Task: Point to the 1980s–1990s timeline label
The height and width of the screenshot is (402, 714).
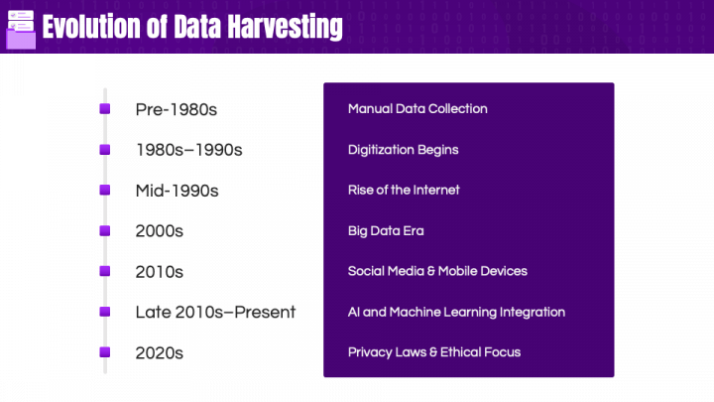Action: tap(188, 150)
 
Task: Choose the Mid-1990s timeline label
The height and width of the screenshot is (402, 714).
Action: tap(177, 191)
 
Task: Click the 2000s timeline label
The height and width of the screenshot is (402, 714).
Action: tap(160, 231)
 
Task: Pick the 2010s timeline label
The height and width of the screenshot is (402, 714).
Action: tap(160, 272)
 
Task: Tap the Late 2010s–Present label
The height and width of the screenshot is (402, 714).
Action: tap(215, 313)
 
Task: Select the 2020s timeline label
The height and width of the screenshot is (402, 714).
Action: tap(160, 353)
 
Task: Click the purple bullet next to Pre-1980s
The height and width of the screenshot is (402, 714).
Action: tap(104, 108)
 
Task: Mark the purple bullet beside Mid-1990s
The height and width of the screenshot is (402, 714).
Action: tap(104, 190)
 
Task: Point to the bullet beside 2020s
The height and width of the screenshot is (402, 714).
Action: tap(104, 352)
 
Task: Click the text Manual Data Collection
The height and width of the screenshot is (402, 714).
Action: tap(417, 109)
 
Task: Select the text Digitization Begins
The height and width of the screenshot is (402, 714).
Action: tap(403, 150)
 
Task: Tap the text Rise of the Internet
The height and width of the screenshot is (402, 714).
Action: tap(404, 190)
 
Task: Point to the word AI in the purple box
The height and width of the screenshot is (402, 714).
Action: tap(354, 313)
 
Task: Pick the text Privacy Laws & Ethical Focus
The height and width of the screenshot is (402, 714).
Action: tap(433, 352)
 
